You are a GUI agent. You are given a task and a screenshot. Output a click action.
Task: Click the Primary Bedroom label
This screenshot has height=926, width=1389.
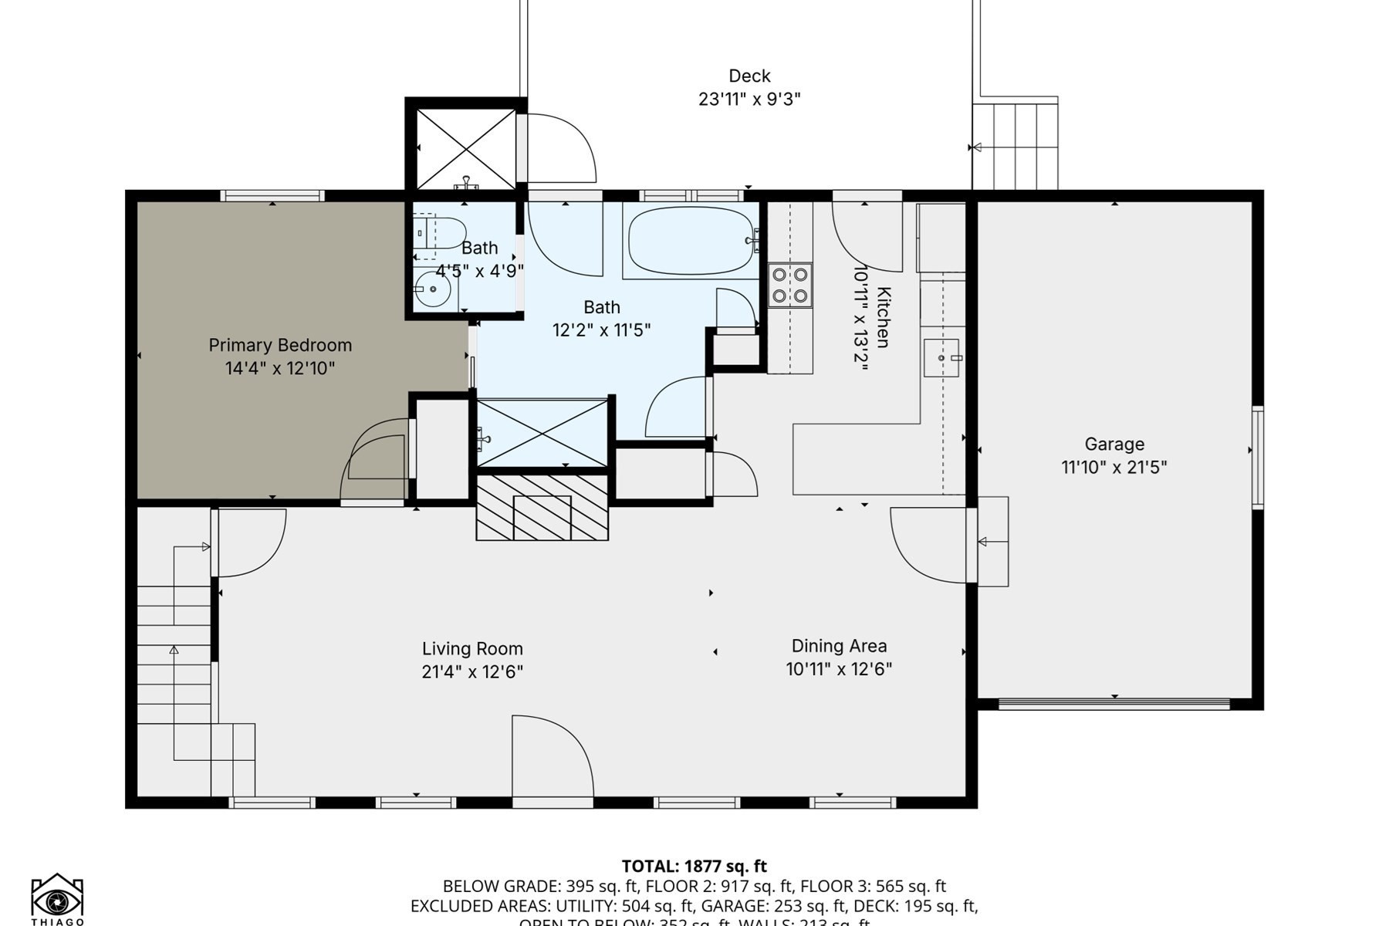[280, 345]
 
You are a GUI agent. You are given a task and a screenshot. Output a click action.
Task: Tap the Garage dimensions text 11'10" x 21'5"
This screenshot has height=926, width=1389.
[1114, 467]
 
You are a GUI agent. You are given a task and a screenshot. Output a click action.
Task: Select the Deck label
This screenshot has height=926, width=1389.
[749, 76]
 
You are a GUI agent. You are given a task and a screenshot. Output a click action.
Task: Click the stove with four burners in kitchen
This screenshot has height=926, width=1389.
[790, 285]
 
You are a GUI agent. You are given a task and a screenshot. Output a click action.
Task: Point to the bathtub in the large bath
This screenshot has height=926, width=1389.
[691, 241]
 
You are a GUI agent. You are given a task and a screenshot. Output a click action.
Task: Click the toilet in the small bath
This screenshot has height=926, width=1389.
[441, 232]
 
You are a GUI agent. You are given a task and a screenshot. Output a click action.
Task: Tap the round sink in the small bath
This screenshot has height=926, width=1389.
[433, 290]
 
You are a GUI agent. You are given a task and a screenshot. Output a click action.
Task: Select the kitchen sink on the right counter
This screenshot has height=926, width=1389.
[941, 358]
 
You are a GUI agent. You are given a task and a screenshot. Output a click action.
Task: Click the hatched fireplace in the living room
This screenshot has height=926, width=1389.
[542, 508]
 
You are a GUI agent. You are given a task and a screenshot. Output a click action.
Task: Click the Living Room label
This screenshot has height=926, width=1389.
[472, 649]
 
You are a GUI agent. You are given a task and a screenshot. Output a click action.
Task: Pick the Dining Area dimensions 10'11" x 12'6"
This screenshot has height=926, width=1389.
[839, 669]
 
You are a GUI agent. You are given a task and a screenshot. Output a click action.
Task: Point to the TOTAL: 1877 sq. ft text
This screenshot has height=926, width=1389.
[694, 866]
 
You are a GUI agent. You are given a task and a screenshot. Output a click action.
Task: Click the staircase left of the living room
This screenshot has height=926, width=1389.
[174, 656]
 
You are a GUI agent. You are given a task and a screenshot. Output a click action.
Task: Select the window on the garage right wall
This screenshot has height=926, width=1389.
[1257, 457]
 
